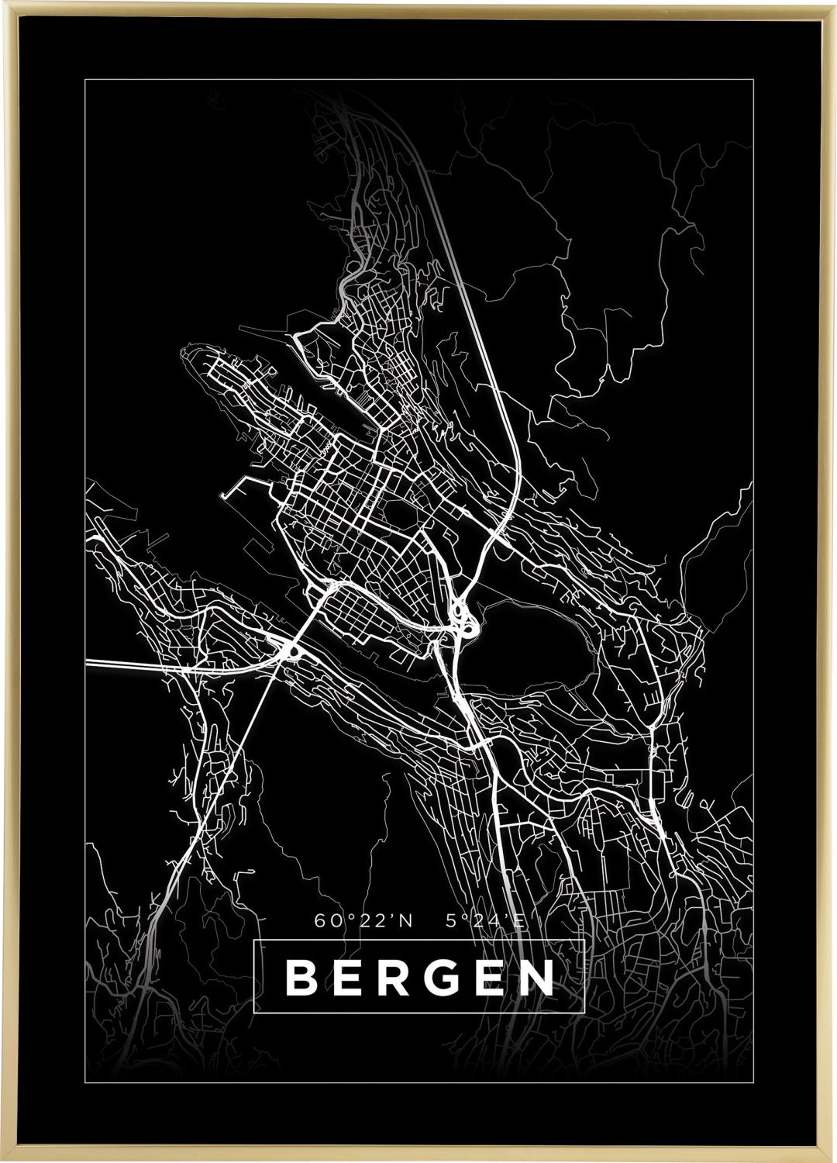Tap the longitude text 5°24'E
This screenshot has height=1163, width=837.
click(486, 921)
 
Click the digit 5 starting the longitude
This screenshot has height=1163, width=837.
click(451, 921)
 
